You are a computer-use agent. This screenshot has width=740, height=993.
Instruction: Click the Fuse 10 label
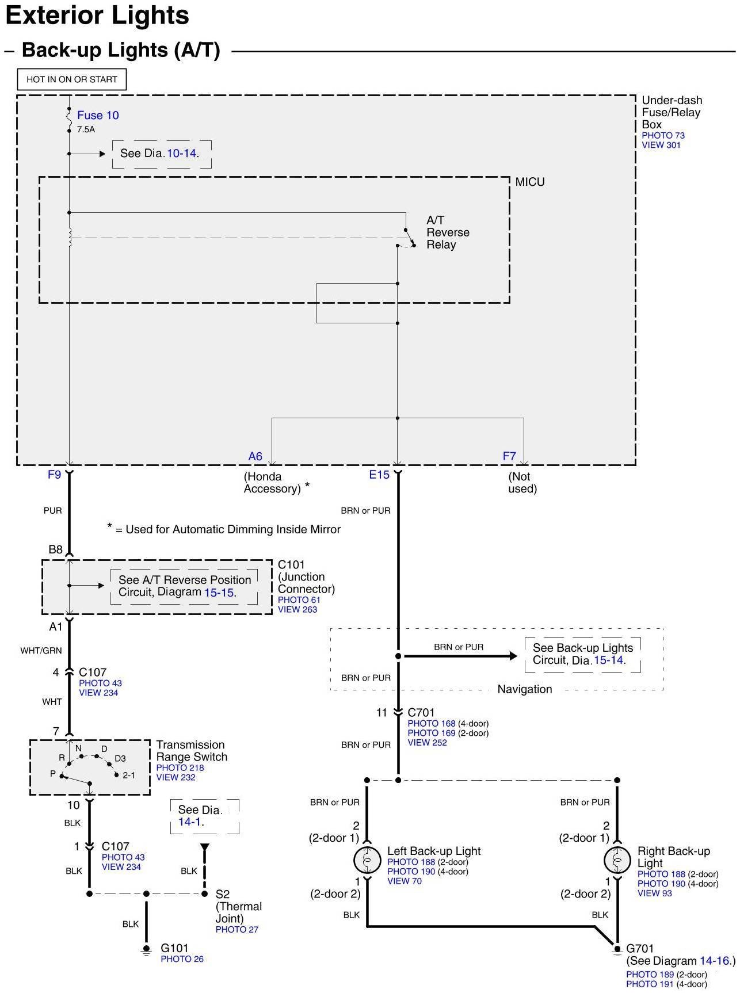point(98,115)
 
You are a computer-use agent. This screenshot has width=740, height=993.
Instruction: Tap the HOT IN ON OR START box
point(72,79)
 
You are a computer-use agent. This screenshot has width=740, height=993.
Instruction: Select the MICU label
point(529,182)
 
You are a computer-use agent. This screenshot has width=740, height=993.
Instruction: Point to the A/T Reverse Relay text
point(447,232)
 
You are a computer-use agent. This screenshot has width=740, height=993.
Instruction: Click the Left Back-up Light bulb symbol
point(367,860)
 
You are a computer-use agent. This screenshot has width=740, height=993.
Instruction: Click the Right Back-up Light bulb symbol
point(617,860)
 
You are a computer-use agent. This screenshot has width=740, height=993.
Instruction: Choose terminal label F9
point(54,475)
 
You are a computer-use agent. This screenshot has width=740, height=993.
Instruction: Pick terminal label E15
point(379,475)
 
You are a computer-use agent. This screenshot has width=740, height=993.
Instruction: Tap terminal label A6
point(255,456)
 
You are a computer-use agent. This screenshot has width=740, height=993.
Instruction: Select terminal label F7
point(509,456)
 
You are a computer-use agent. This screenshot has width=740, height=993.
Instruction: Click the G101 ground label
point(174,948)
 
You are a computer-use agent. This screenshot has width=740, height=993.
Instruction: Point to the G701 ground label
point(640,948)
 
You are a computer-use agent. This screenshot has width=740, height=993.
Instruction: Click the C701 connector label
point(421,712)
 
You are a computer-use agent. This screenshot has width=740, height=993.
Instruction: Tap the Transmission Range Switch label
point(192,751)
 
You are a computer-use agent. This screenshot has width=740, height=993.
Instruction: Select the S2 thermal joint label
point(223,894)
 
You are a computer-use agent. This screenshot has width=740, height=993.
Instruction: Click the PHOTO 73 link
point(663,136)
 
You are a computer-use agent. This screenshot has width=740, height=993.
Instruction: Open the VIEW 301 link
point(661,145)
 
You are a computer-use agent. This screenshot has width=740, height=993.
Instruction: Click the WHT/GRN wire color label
point(41,651)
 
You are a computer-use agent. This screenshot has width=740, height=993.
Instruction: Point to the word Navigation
point(524,689)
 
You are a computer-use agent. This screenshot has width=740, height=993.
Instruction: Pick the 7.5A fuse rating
point(86,129)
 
